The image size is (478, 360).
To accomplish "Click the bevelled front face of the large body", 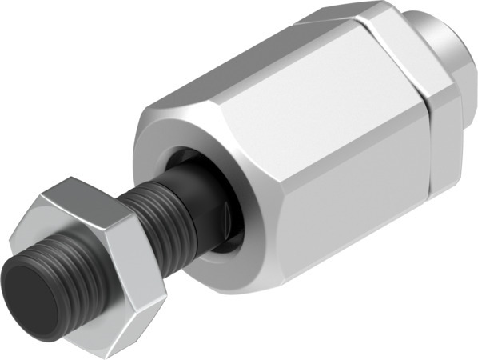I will coord(152,136).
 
